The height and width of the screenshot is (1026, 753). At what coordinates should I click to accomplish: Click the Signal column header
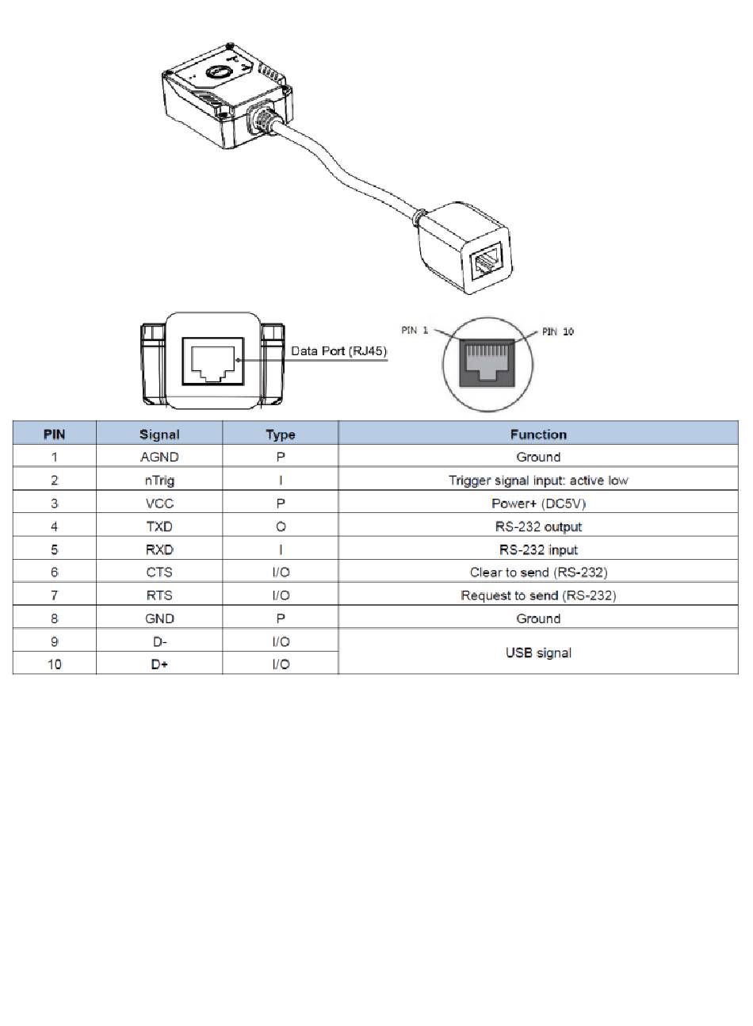click(x=159, y=434)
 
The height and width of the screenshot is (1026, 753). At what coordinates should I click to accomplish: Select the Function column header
click(x=538, y=434)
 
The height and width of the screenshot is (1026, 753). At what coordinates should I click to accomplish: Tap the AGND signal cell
click(x=159, y=457)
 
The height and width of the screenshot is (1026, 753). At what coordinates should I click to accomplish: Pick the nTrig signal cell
click(x=159, y=480)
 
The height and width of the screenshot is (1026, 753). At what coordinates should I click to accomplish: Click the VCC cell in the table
click(x=159, y=503)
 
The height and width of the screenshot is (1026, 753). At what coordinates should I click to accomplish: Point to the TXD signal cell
click(x=159, y=526)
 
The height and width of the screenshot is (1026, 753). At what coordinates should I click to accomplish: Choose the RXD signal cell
click(x=159, y=549)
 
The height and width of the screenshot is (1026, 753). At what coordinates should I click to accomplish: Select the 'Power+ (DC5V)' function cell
click(x=538, y=503)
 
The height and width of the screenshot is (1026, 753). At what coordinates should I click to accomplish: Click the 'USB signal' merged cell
click(x=538, y=653)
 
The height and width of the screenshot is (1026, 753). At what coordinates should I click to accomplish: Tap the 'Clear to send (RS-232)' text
click(x=538, y=572)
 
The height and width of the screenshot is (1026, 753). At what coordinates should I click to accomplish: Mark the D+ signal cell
click(x=159, y=664)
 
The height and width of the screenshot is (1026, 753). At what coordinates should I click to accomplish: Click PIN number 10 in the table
click(x=54, y=664)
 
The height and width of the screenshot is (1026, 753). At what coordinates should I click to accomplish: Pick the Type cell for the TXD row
click(x=280, y=526)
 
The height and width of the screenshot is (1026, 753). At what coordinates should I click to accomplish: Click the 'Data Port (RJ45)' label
click(x=338, y=351)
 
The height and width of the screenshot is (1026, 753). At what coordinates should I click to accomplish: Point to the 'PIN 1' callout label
click(x=415, y=330)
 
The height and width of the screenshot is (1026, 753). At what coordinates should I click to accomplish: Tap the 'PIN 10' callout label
click(x=557, y=331)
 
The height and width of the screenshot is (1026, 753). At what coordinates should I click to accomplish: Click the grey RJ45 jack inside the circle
click(x=487, y=363)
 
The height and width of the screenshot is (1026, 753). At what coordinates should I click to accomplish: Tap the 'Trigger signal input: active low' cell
click(x=538, y=480)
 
